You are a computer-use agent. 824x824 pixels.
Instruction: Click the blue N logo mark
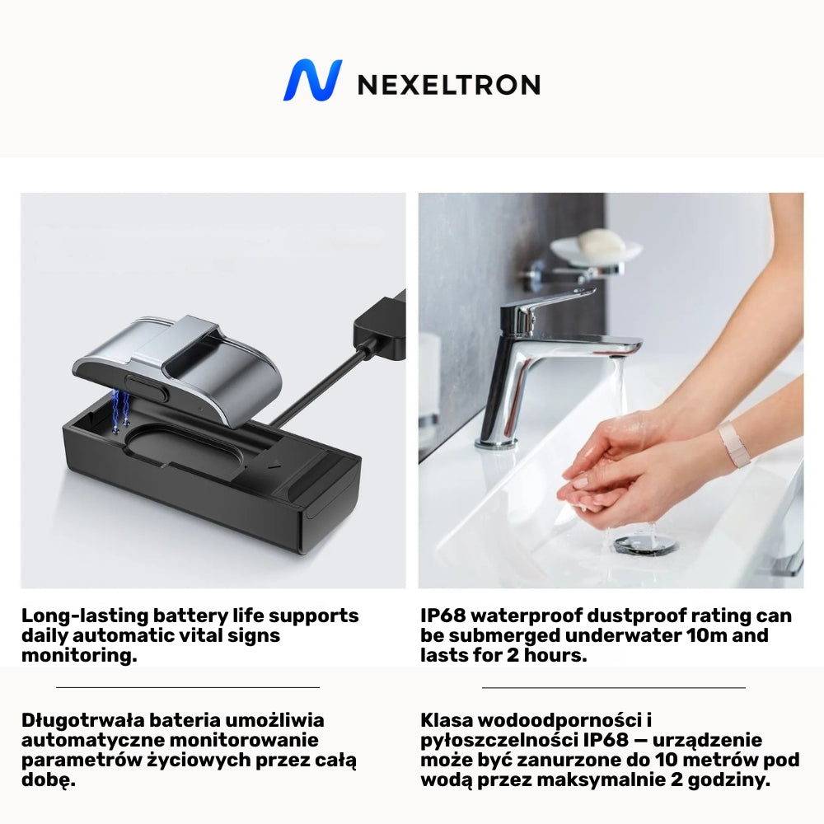tap(312, 80)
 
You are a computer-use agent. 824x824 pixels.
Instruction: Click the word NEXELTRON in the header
tap(449, 85)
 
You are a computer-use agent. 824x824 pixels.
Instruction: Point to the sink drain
tap(645, 545)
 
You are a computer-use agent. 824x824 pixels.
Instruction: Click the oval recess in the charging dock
tap(183, 447)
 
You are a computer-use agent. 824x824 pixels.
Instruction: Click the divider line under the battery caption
tap(188, 687)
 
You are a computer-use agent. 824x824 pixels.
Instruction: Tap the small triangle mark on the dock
tap(274, 465)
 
